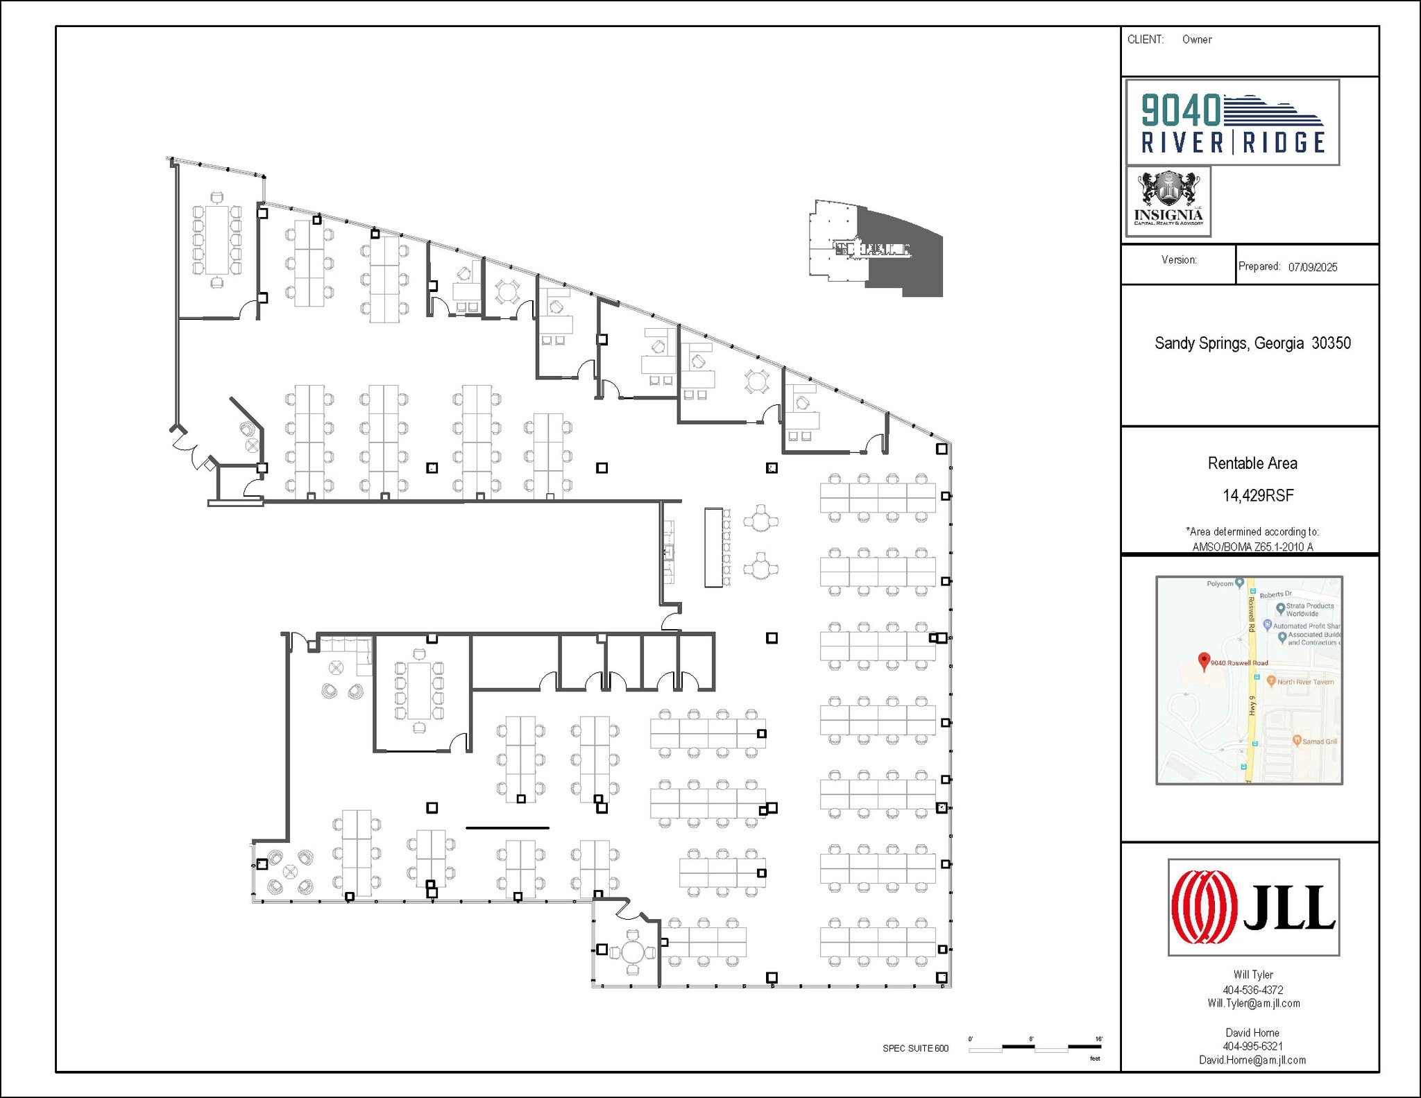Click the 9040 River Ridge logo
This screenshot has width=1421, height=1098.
point(1232,123)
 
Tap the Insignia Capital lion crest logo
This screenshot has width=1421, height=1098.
point(1168,201)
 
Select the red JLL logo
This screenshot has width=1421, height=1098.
point(1253,907)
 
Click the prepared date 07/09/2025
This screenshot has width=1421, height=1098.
point(1313,267)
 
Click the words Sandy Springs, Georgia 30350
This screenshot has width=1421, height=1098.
point(1252,343)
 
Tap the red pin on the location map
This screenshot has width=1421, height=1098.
point(1205,661)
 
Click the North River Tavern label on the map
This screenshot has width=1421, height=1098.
point(1305,682)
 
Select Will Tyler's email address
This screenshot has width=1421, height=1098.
point(1253,1004)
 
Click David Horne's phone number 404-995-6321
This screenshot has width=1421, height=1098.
point(1252,1046)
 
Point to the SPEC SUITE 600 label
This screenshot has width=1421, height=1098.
point(915,1048)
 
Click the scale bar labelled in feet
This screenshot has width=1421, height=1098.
point(1035,1047)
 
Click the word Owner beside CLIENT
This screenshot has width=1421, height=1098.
point(1197,40)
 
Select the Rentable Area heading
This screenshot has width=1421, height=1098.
point(1252,463)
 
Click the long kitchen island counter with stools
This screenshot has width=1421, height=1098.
point(713,547)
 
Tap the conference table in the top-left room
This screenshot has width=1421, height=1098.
point(217,240)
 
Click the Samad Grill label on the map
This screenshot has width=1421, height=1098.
point(1319,741)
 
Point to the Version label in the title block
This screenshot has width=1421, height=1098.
point(1179,260)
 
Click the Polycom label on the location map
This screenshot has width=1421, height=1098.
point(1219,584)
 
